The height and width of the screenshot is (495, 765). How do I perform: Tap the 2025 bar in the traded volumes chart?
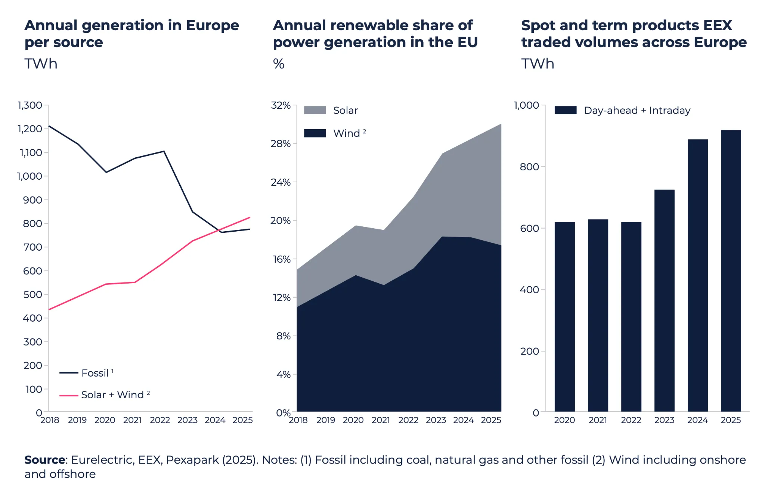coord(731,271)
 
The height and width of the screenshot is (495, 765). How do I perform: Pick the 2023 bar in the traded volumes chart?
coord(664,301)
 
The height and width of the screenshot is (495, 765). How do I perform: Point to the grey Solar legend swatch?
coord(315,110)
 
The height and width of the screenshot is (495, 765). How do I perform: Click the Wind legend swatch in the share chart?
coord(315,133)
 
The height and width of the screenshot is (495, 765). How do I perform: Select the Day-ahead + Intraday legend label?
coord(637,110)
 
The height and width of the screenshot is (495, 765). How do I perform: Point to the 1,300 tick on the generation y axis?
coord(30,105)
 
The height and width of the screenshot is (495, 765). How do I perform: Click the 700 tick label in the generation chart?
coord(32,247)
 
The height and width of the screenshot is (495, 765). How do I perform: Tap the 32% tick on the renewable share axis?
coord(281,105)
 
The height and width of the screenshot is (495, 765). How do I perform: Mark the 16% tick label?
coord(281,259)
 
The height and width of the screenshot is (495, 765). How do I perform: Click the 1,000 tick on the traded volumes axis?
coord(526,105)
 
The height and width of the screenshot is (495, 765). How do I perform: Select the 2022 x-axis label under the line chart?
coord(160,420)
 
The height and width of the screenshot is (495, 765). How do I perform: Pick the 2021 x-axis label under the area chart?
coord(381,420)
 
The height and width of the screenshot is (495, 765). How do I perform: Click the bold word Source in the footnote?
coord(45,460)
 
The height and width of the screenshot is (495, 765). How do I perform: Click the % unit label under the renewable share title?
coord(279,64)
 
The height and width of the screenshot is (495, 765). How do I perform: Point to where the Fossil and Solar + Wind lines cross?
coord(217,231)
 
